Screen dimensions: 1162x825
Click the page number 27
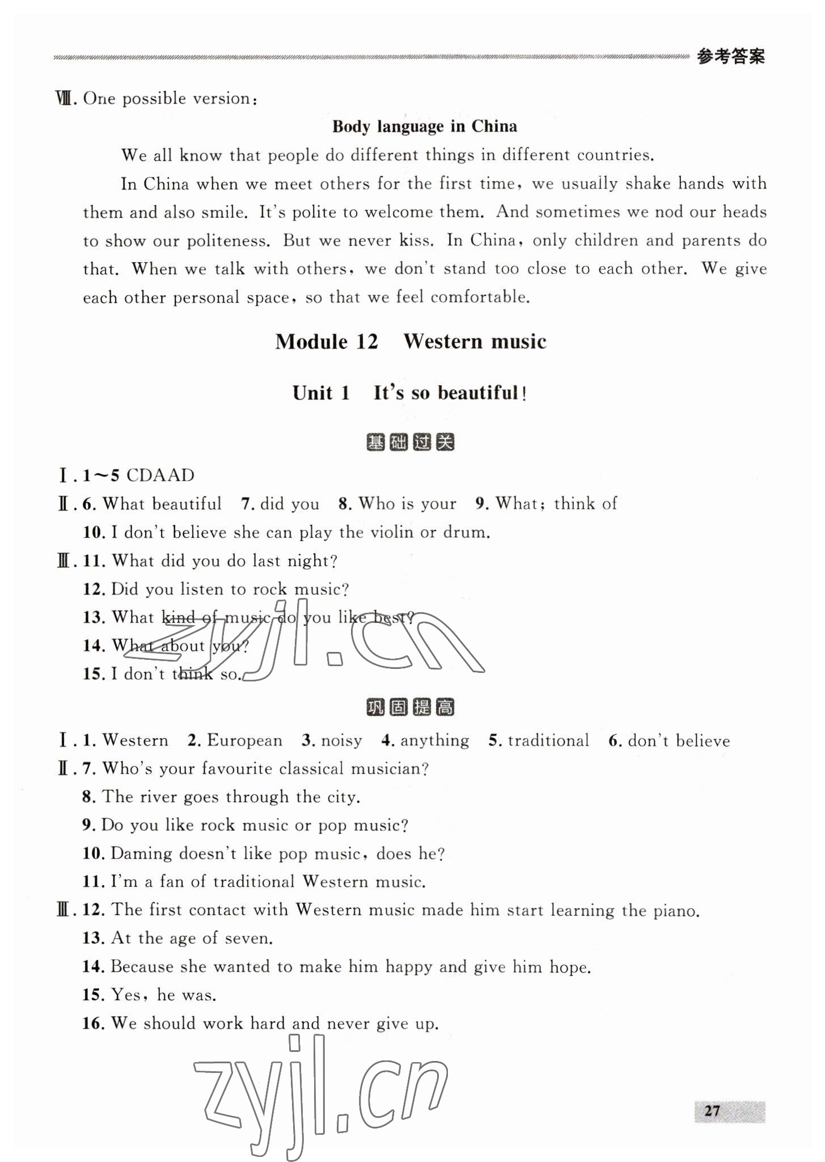712,1110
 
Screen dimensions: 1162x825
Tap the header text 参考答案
731,57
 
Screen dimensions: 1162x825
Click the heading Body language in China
424,126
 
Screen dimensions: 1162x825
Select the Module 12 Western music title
411,342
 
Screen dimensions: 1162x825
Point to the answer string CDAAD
160,475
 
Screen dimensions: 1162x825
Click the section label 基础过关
411,442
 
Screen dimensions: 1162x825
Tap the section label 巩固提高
411,708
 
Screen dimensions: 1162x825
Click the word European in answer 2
244,740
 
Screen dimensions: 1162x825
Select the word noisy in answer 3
341,740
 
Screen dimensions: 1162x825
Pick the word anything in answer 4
435,740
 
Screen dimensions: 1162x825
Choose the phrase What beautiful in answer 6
162,504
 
